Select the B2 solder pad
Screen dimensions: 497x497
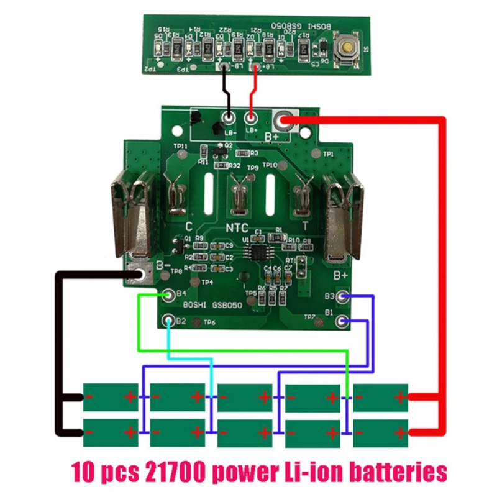click(x=168, y=321)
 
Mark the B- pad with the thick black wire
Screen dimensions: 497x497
click(x=140, y=274)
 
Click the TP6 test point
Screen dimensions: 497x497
click(x=198, y=322)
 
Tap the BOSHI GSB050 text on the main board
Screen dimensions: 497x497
click(x=211, y=306)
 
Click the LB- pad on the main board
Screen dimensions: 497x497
click(x=228, y=116)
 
